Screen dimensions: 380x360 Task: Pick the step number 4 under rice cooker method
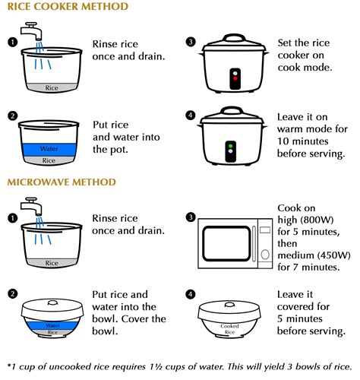(191, 116)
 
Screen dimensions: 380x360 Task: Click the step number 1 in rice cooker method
(12, 42)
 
